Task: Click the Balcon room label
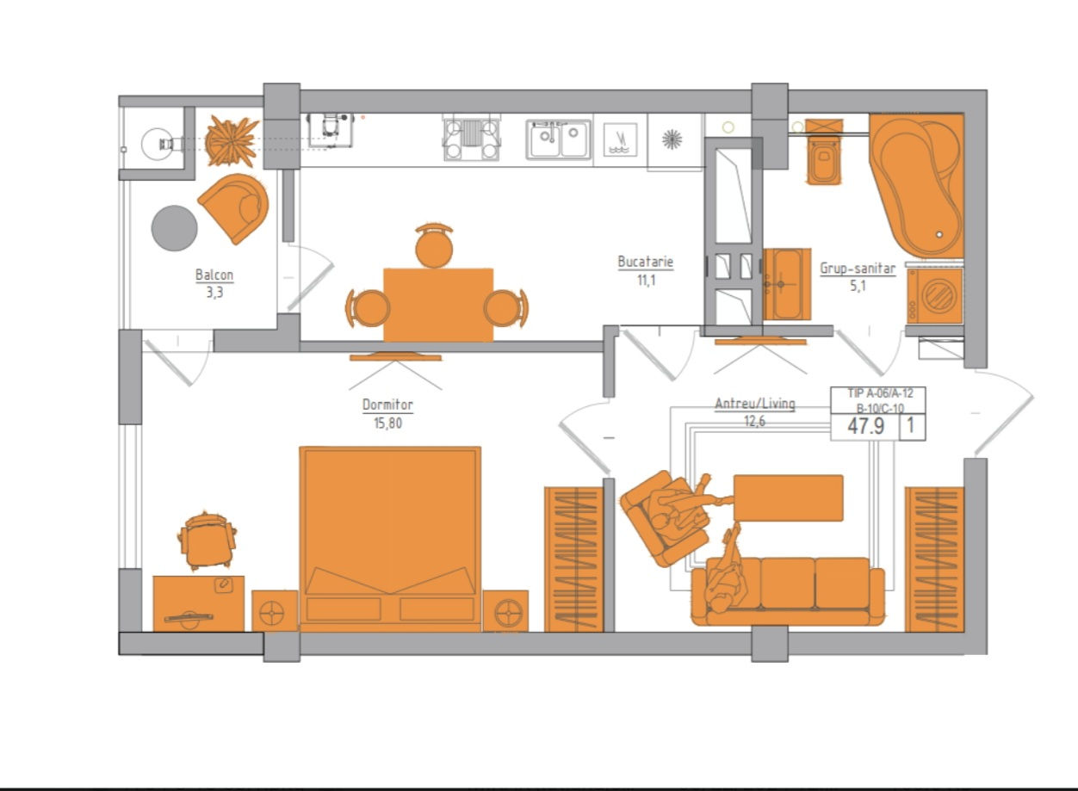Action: pyautogui.click(x=214, y=275)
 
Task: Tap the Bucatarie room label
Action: pyautogui.click(x=646, y=262)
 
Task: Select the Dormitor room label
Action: pyautogui.click(x=387, y=405)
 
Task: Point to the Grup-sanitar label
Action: pyautogui.click(x=858, y=269)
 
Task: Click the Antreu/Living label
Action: pyautogui.click(x=754, y=403)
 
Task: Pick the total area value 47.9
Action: pyautogui.click(x=866, y=426)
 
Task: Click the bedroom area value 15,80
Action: pyautogui.click(x=387, y=423)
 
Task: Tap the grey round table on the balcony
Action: pyautogui.click(x=174, y=228)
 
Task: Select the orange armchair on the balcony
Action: pyautogui.click(x=235, y=207)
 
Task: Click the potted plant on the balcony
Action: pyautogui.click(x=232, y=141)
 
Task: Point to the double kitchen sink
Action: pyautogui.click(x=558, y=139)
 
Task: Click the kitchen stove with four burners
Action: pyautogui.click(x=471, y=139)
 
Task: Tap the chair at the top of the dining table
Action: pyautogui.click(x=434, y=245)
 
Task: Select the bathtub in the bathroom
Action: pyautogui.click(x=918, y=185)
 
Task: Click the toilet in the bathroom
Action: pyautogui.click(x=824, y=151)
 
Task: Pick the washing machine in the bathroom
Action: pyautogui.click(x=934, y=295)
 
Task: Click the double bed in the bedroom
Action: pyautogui.click(x=390, y=539)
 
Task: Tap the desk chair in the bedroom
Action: pyautogui.click(x=207, y=541)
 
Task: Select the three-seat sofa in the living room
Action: pyautogui.click(x=788, y=592)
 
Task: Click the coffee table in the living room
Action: pyautogui.click(x=789, y=498)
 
